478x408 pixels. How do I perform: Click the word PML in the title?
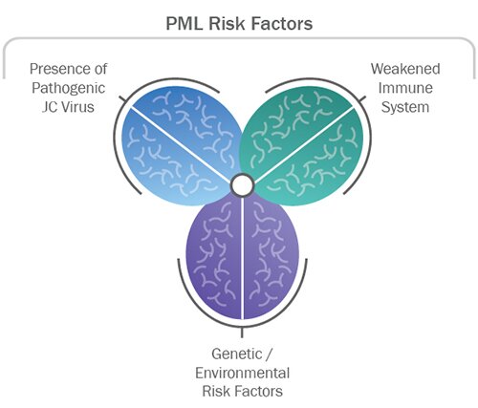[x=185, y=24]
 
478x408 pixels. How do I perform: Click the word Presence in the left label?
[x=58, y=69]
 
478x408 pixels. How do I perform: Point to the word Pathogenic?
[x=68, y=88]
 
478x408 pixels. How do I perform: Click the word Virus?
[x=77, y=107]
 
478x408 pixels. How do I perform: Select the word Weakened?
[x=405, y=69]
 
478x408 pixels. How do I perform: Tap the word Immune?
[x=405, y=88]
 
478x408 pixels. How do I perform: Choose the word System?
[x=405, y=107]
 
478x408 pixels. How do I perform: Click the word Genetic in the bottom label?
[x=237, y=354]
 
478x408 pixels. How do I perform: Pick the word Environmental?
[x=243, y=373]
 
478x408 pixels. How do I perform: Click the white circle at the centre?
[x=242, y=184]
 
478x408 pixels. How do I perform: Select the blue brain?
[x=182, y=146]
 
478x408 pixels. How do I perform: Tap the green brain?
[x=301, y=146]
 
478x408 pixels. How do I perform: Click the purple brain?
[x=243, y=257]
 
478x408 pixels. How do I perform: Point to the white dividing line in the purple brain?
[x=243, y=258]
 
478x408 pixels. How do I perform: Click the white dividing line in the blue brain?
[x=180, y=145]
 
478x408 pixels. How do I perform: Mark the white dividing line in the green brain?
[x=304, y=145]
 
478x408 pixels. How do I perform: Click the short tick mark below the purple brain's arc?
[x=242, y=332]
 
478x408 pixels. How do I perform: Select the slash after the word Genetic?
[x=269, y=354]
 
